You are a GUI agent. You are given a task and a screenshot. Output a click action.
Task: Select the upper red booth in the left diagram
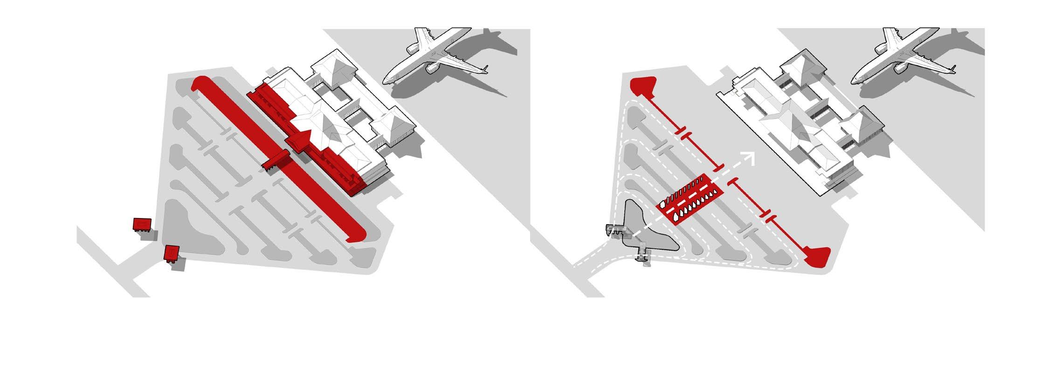(142, 225)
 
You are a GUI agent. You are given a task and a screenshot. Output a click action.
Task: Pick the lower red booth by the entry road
(172, 253)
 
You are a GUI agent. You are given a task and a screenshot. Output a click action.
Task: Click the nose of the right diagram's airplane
(855, 79)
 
